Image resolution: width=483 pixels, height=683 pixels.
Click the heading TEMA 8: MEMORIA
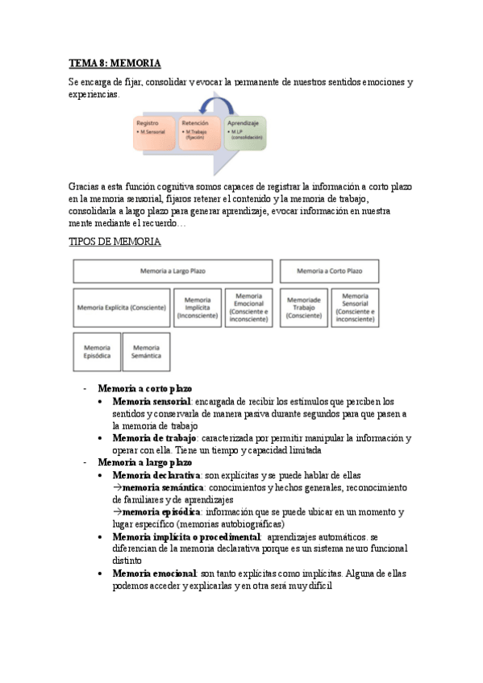115,63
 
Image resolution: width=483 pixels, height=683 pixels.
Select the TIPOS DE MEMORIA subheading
115,242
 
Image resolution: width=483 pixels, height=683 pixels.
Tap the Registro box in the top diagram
154,134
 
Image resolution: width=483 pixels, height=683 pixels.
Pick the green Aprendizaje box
246,134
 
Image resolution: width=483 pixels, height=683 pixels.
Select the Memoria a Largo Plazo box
173,271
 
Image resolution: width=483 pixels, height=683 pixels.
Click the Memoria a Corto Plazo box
329,271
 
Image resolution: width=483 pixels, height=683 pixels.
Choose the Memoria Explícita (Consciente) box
122,308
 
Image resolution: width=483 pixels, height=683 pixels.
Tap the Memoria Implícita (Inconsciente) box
197,308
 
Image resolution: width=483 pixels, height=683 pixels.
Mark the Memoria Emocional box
249,308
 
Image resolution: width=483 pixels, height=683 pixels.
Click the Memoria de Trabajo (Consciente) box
303,308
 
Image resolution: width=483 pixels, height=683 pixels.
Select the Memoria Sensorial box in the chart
355,308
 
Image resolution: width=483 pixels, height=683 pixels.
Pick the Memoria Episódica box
97,351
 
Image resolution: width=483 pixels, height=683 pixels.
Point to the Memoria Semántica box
146,351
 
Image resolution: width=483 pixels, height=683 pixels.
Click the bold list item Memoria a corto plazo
144,389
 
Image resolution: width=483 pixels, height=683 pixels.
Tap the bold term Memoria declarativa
156,475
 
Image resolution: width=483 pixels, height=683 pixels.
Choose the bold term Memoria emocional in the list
155,573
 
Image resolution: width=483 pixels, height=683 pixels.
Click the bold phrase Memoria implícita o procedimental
186,536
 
